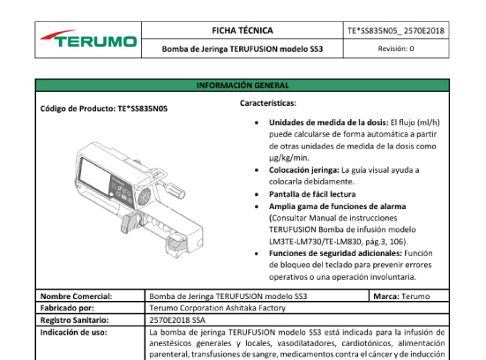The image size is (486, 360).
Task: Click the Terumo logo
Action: [88, 39]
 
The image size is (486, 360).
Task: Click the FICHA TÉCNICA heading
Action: [243, 31]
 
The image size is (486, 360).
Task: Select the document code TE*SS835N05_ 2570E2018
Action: [396, 31]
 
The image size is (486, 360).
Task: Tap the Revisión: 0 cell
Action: [396, 49]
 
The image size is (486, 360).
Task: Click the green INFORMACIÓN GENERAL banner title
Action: [243, 86]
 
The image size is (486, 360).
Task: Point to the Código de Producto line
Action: [104, 109]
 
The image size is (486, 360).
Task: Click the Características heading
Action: [268, 103]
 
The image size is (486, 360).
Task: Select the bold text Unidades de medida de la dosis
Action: [328, 123]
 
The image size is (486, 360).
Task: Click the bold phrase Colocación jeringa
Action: [303, 170]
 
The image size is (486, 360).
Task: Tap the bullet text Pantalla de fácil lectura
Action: [312, 194]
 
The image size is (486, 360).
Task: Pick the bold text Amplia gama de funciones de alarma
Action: [337, 206]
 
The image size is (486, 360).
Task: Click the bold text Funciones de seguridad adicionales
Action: [335, 253]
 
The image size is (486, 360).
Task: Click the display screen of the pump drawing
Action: [95, 175]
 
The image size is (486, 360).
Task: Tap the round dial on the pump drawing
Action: [144, 196]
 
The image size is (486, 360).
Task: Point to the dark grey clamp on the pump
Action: [128, 222]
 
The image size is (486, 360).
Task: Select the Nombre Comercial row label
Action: [76, 296]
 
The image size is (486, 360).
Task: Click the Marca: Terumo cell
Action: [401, 296]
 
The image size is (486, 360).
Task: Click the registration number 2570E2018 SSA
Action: [177, 320]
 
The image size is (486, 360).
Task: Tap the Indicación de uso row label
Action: [73, 333]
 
